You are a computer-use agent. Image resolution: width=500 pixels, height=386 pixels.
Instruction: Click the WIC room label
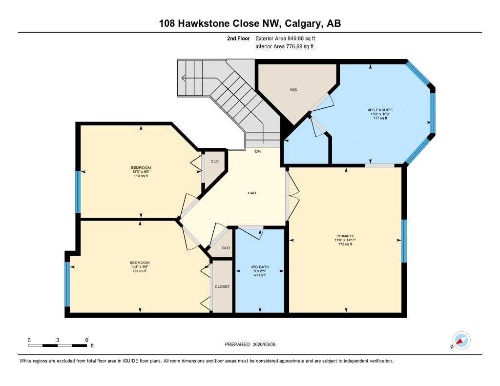point(293,90)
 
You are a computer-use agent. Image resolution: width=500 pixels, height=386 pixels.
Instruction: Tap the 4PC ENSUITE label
point(380,110)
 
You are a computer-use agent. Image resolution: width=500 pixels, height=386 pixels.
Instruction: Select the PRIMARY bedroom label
point(345,236)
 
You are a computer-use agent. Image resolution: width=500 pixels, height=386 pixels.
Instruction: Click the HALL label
point(252,193)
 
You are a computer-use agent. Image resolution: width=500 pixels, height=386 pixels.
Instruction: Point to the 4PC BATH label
point(260,267)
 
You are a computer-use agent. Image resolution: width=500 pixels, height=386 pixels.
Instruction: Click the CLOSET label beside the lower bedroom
point(222,286)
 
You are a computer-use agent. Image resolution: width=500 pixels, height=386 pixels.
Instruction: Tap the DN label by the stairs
point(258,151)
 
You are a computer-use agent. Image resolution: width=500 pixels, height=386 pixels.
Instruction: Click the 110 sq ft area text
point(141,176)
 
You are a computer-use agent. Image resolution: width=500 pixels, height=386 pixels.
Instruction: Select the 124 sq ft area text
point(140,271)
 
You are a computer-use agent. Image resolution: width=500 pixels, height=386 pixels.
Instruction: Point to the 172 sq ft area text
point(345,244)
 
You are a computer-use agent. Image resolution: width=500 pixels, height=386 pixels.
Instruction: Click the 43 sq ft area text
point(260,275)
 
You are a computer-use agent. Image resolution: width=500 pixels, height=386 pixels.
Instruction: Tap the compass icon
point(460,340)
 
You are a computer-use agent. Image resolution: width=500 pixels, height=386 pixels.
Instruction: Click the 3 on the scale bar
point(58,340)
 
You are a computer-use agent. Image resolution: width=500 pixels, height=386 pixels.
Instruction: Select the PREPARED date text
point(253,345)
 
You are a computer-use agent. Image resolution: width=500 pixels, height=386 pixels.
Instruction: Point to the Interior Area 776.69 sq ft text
point(284,47)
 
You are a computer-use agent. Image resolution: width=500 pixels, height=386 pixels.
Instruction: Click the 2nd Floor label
point(238,38)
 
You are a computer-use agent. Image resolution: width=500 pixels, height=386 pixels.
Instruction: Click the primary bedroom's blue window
point(404,241)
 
